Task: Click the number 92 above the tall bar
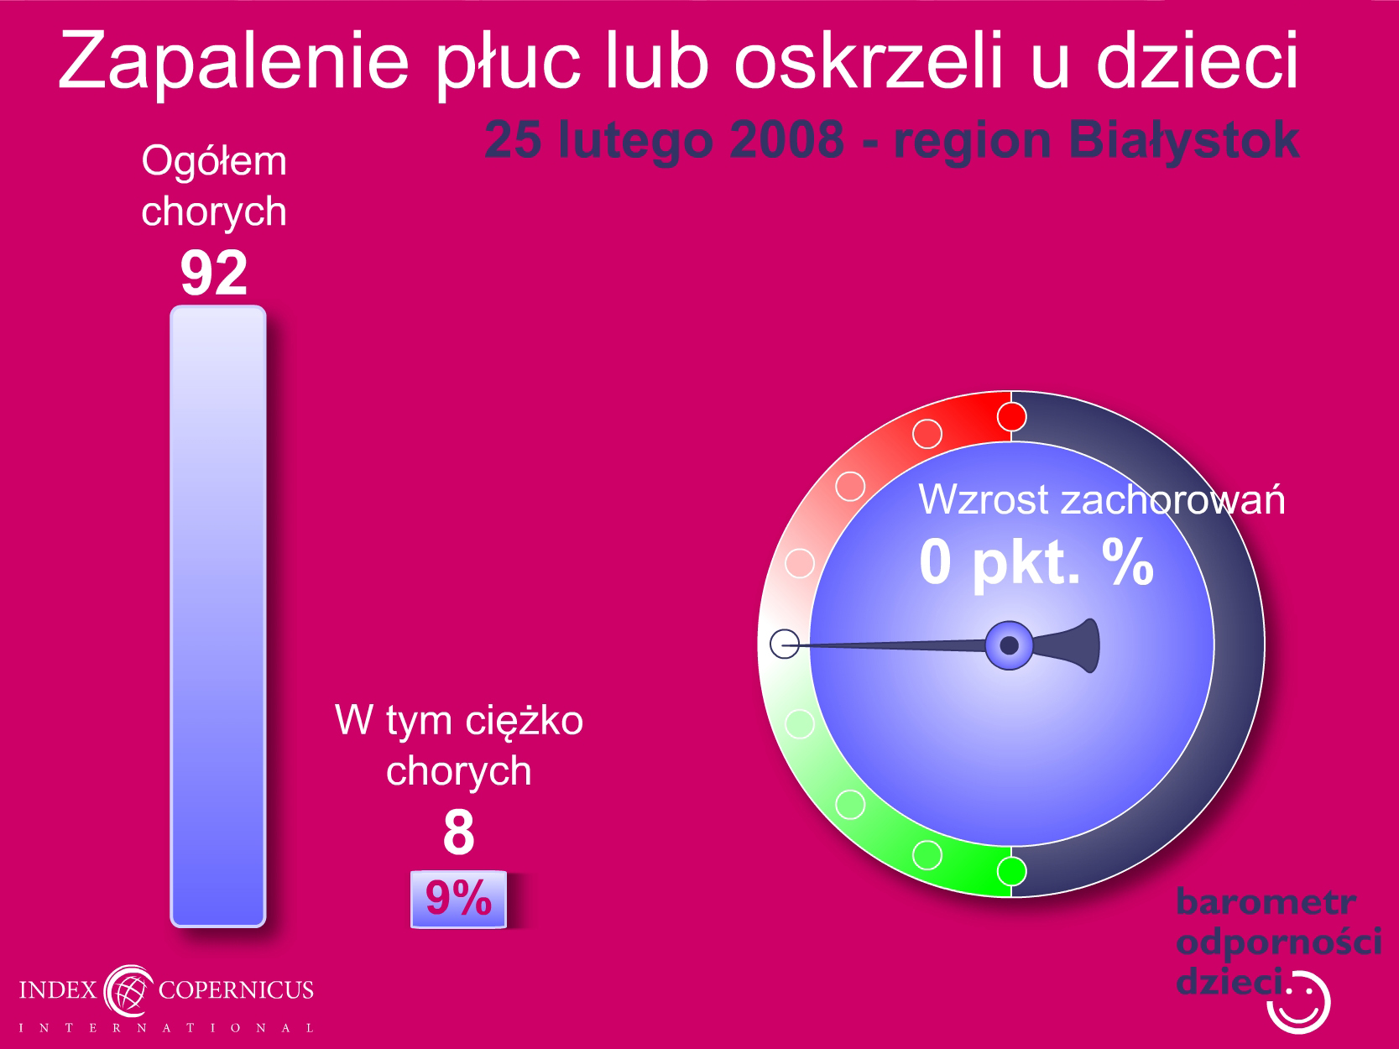(213, 274)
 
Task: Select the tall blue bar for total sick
(218, 616)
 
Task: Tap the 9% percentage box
(458, 899)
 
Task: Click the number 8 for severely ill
(459, 832)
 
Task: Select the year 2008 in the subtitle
(786, 139)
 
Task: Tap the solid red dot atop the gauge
(1011, 417)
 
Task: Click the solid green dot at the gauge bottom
(1011, 871)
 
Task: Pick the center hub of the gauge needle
(1009, 645)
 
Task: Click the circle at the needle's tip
(785, 644)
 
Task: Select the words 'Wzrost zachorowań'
(1101, 499)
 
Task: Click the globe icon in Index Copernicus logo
(128, 991)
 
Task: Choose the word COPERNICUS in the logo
(236, 990)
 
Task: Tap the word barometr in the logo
(1266, 902)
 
